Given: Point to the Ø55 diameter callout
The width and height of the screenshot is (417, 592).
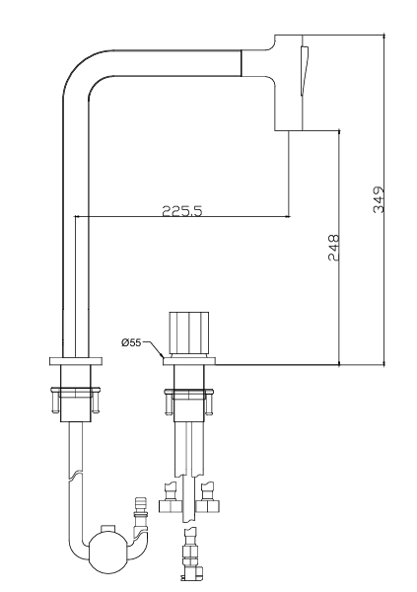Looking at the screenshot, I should (132, 343).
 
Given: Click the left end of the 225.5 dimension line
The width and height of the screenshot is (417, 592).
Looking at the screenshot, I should (76, 217).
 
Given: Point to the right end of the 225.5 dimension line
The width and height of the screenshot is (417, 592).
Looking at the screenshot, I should (288, 217).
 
